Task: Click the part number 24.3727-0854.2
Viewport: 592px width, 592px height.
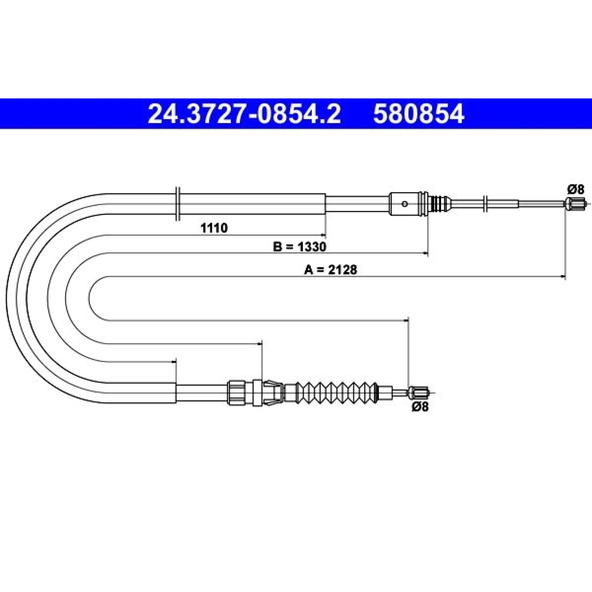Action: (x=244, y=114)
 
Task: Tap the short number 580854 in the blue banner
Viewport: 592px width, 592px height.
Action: (x=418, y=114)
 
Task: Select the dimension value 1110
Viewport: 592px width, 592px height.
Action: (x=214, y=228)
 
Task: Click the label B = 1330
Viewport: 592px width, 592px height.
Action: (x=300, y=246)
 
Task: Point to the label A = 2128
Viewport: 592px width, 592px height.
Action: (x=331, y=270)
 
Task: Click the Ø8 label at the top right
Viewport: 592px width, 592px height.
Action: (x=576, y=190)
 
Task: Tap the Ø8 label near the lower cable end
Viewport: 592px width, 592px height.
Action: (x=420, y=407)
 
